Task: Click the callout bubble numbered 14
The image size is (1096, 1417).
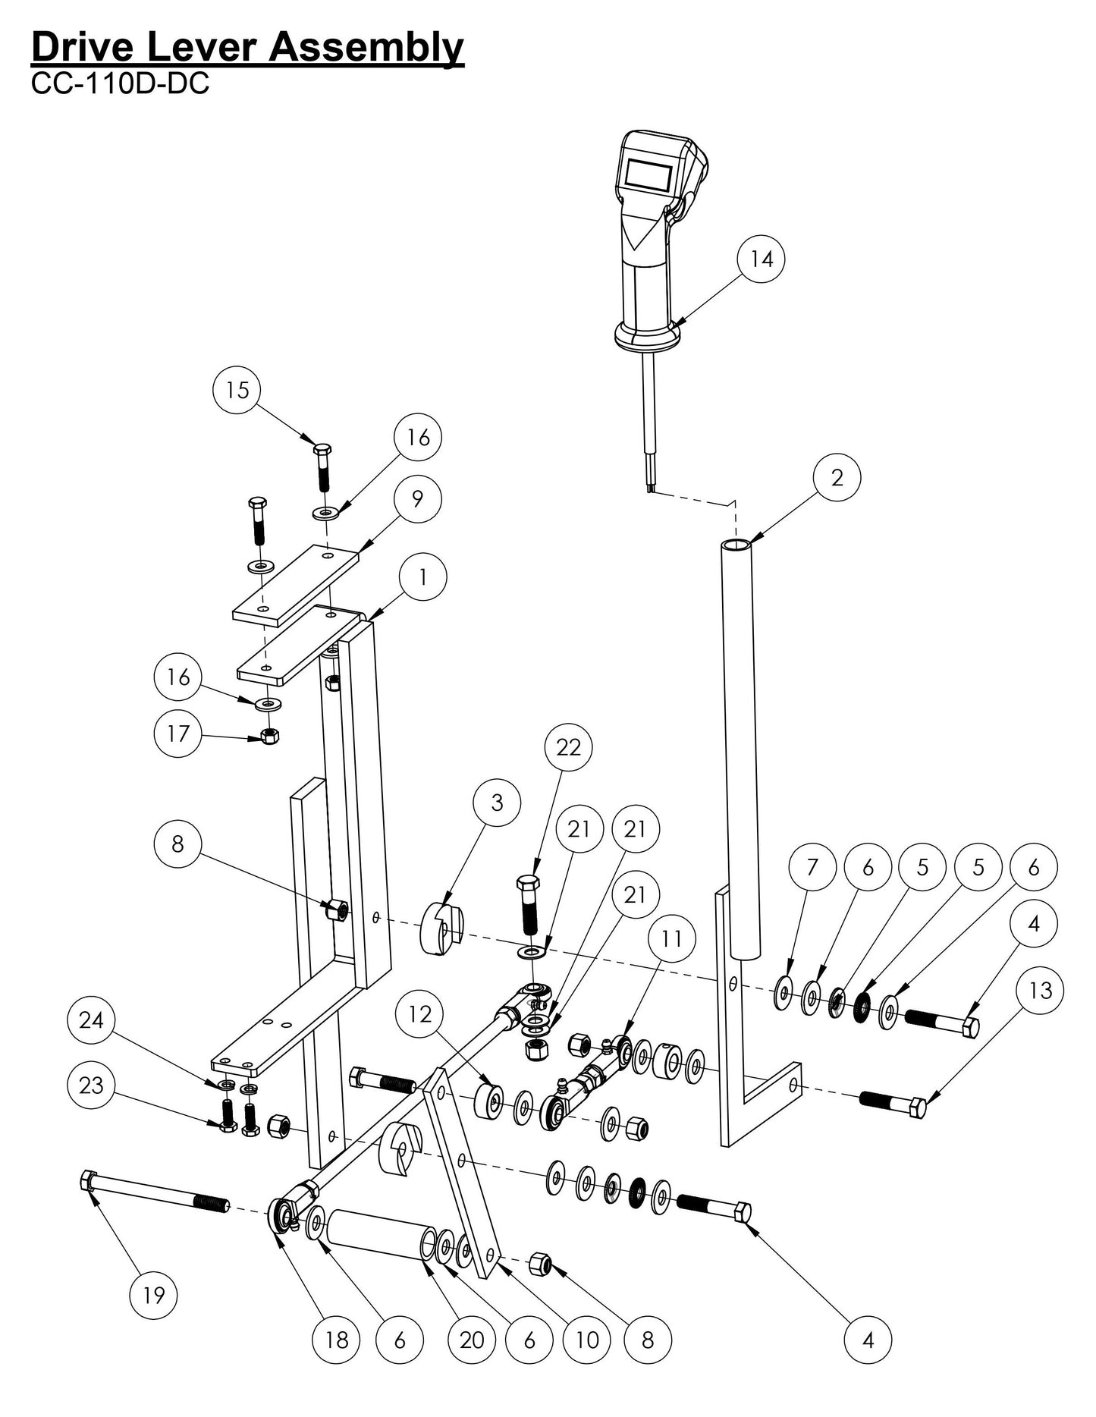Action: coord(761,259)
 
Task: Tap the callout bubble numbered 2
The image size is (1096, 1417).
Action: coord(836,477)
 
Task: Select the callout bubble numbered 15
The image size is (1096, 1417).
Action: coord(237,390)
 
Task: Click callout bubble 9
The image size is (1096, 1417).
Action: coord(417,498)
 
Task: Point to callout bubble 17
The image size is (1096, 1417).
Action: coord(177,734)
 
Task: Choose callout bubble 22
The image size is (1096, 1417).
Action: coord(568,747)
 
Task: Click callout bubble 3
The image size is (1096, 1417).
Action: coord(497,803)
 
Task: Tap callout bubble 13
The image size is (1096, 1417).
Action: coord(1041,990)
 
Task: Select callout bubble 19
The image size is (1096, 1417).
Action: coord(153,1296)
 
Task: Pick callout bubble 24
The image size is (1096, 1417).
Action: coord(91,1020)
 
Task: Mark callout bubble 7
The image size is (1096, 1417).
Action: coord(812,866)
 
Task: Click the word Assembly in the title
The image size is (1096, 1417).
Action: coord(366,47)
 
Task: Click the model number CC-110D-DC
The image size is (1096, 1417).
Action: coord(120,83)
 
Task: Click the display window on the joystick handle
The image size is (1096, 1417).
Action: coord(648,176)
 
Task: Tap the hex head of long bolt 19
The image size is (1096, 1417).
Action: coord(86,1180)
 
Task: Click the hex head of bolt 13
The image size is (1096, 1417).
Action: coord(917,1108)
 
